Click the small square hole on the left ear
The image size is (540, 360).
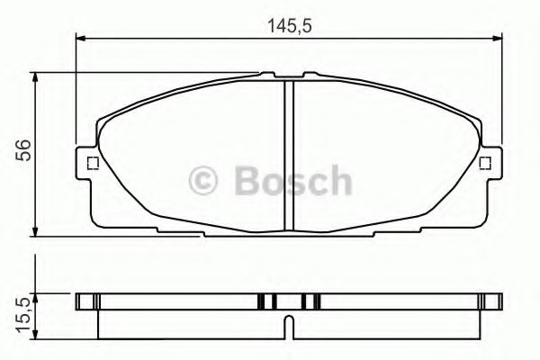(x=90, y=163)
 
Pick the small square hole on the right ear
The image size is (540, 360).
(x=485, y=163)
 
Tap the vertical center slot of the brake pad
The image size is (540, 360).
(x=288, y=153)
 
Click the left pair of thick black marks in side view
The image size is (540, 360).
(x=267, y=301)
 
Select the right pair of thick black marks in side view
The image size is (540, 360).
(x=310, y=301)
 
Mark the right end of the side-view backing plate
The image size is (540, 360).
(x=496, y=301)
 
